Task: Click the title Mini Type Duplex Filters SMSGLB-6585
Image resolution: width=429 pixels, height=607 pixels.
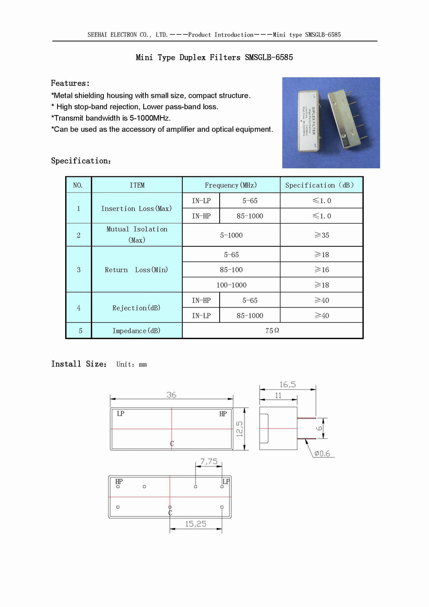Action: tap(214, 58)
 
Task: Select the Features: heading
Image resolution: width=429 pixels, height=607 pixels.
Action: tap(70, 83)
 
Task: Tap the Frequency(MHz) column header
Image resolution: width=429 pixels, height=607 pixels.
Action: tap(231, 185)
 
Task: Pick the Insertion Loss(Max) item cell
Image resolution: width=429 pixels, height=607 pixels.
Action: tap(136, 209)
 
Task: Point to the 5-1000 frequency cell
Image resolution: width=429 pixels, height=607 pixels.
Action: tap(231, 235)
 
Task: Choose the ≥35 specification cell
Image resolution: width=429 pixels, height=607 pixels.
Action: tap(322, 235)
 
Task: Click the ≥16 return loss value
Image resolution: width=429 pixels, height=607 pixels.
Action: tap(322, 270)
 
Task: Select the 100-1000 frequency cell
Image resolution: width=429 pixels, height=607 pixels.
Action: tap(231, 285)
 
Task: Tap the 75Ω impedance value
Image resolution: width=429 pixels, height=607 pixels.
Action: tap(272, 331)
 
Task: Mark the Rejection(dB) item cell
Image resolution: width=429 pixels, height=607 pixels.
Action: tap(136, 308)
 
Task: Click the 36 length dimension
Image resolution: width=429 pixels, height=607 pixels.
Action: tap(171, 395)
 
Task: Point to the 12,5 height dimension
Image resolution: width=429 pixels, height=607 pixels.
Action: tap(239, 429)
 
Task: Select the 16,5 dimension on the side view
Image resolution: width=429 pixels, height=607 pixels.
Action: tap(287, 385)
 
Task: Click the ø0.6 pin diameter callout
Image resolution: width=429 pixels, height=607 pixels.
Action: tap(322, 454)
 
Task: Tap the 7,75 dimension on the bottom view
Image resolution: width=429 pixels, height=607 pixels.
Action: tap(208, 461)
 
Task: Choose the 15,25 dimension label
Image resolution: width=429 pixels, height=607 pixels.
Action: tap(196, 524)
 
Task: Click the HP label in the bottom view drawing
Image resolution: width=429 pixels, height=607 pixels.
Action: tap(119, 481)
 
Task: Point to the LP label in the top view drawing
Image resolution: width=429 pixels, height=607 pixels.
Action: tap(121, 413)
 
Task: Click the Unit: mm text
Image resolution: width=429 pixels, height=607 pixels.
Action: tap(131, 364)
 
